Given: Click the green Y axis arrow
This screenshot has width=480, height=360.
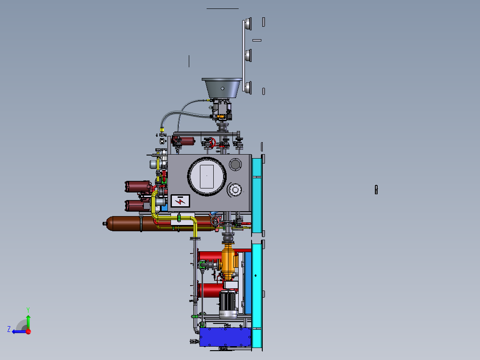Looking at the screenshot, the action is [28, 322].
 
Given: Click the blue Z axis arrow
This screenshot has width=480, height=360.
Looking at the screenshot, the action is [19, 331].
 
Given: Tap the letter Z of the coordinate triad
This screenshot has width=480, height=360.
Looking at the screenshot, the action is [9, 329].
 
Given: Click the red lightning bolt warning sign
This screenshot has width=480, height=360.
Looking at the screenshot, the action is [180, 201].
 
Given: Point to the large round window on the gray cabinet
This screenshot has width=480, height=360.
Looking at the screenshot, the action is [207, 176].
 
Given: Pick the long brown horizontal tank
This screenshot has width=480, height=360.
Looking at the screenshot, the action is [159, 223].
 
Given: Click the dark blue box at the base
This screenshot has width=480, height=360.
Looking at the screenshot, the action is [225, 337].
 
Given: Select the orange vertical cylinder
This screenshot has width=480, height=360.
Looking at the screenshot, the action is [228, 261].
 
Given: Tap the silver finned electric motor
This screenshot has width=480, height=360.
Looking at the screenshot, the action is [228, 304].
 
